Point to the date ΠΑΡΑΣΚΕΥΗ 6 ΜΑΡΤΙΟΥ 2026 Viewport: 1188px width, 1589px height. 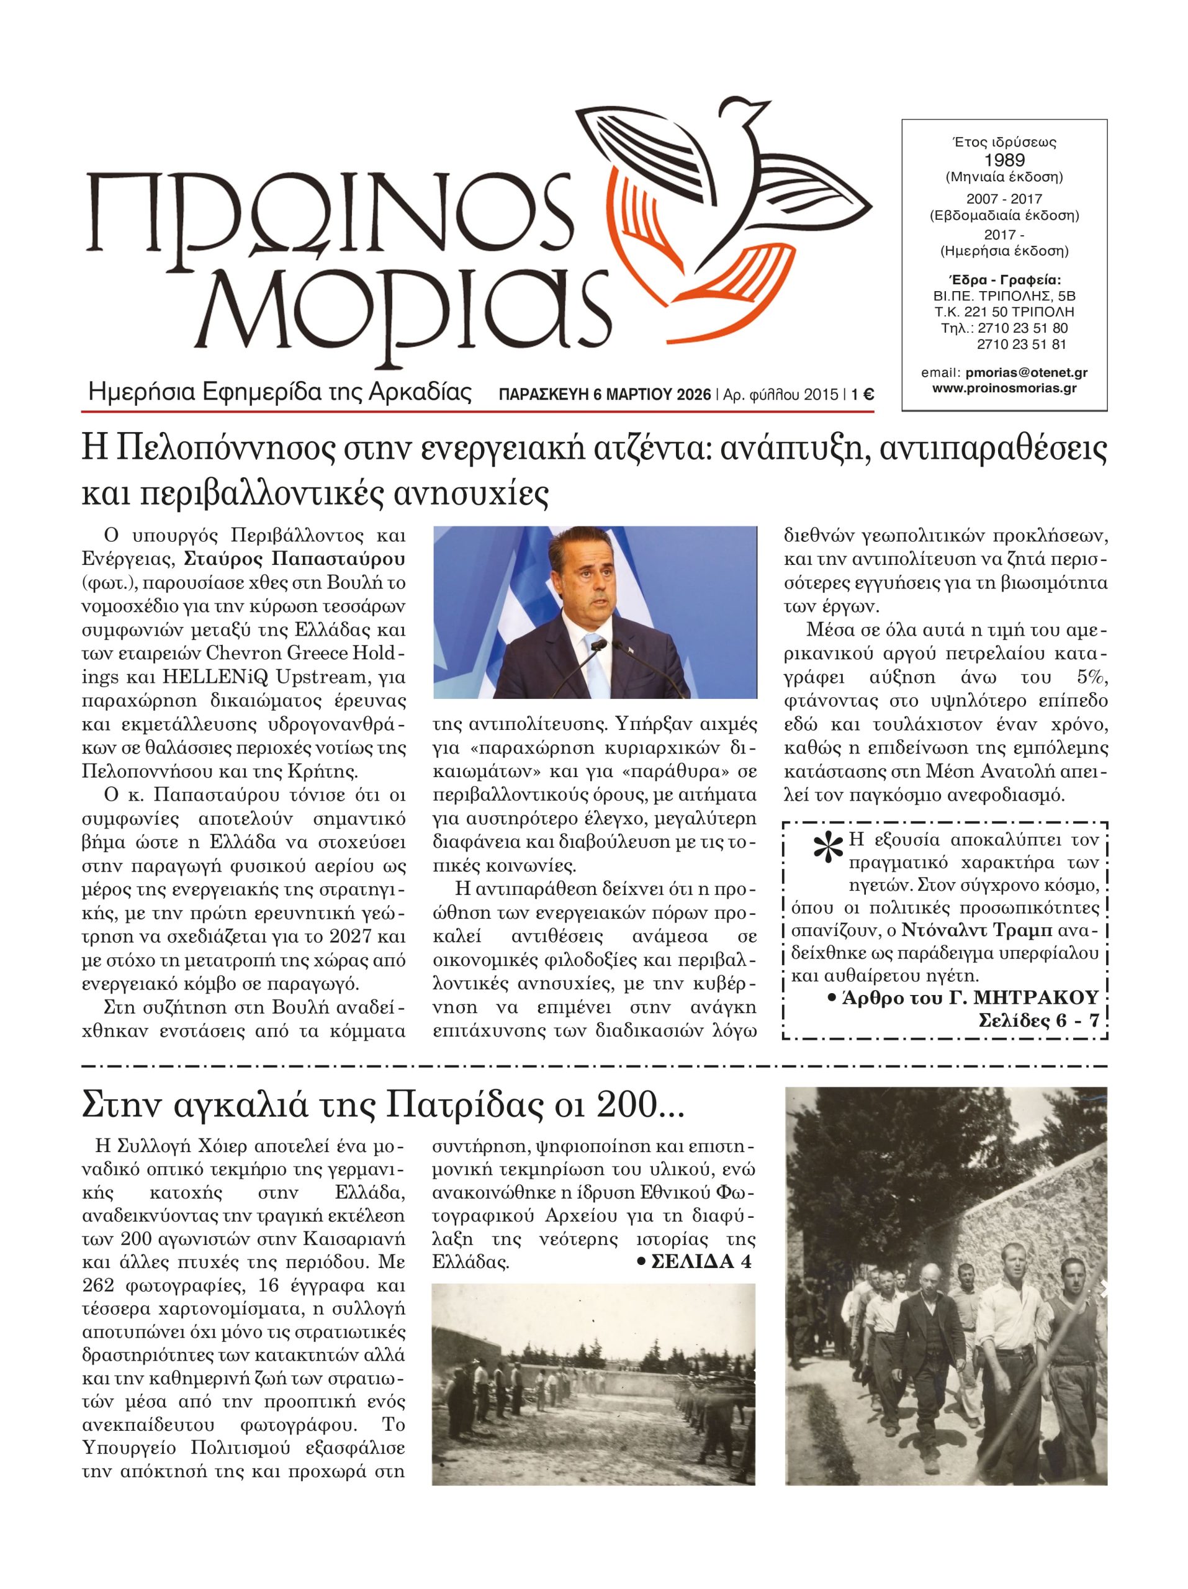606,394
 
